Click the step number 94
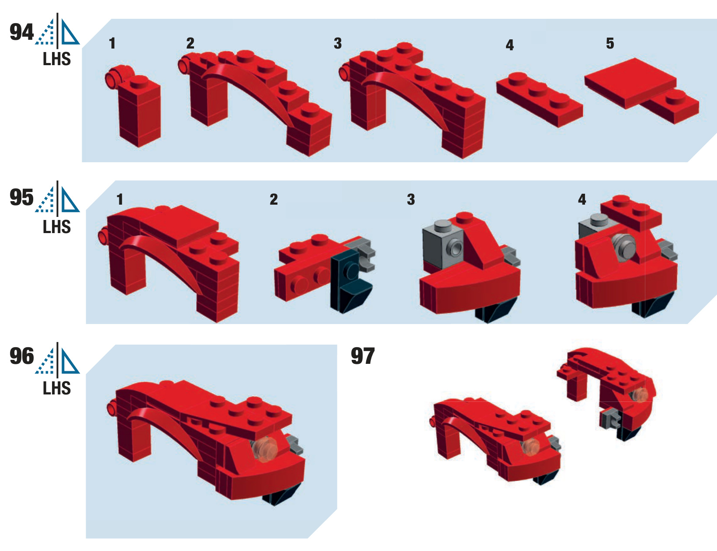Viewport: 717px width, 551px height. click(x=22, y=32)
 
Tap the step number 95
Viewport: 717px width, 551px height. click(x=22, y=197)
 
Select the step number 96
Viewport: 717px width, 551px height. click(x=22, y=356)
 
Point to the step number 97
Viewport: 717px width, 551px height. click(x=363, y=356)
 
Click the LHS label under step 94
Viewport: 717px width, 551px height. click(x=57, y=59)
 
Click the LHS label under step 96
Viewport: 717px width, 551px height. click(x=57, y=388)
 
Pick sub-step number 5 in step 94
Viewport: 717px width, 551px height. click(x=610, y=43)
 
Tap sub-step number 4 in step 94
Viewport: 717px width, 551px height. click(x=510, y=45)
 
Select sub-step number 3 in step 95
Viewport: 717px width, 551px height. click(x=411, y=199)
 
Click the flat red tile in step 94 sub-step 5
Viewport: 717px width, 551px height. click(x=630, y=83)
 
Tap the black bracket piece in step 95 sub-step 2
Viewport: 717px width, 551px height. click(x=350, y=281)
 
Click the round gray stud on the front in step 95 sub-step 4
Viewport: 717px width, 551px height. click(x=623, y=248)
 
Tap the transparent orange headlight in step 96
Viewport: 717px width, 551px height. click(x=265, y=449)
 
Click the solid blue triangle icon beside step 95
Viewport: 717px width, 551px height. click(x=69, y=200)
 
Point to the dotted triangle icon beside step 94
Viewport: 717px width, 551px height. click(x=45, y=32)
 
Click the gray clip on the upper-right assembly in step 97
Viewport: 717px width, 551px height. click(x=609, y=418)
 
